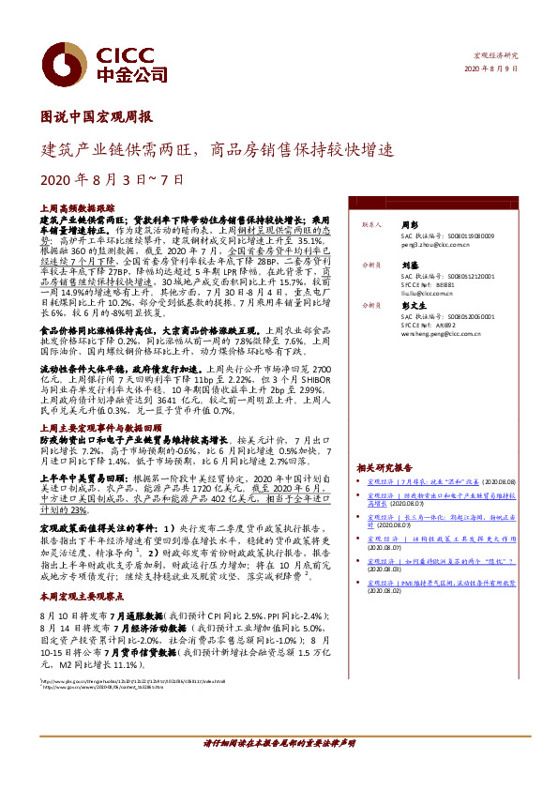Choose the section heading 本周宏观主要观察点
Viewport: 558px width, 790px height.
point(83,596)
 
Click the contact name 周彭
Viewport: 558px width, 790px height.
point(409,225)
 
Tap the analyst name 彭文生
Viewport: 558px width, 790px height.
point(412,306)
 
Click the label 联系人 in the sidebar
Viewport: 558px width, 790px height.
point(369,225)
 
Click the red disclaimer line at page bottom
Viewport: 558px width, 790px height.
point(279,742)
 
